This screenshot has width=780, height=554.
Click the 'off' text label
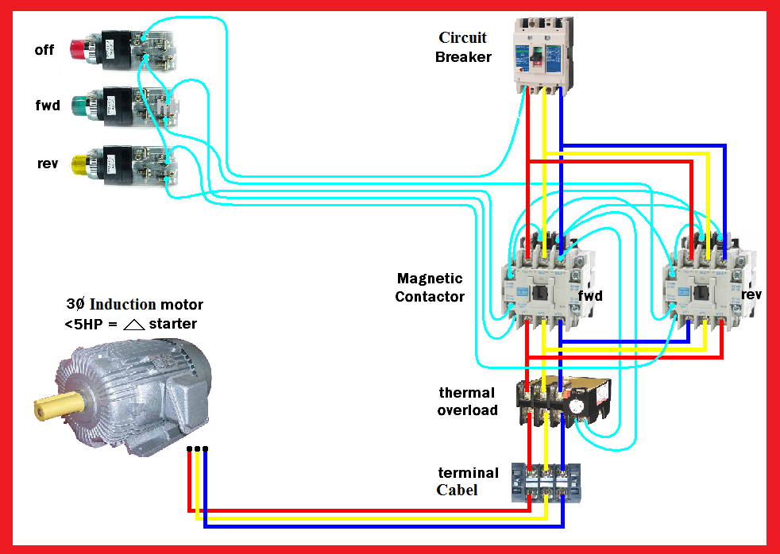click(44, 49)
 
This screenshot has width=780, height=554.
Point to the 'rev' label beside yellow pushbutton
click(48, 164)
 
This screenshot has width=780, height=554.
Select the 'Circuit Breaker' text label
click(463, 47)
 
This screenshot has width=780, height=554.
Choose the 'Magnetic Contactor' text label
click(431, 287)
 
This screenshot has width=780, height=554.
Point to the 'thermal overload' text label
click(467, 401)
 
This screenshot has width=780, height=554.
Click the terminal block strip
click(546, 483)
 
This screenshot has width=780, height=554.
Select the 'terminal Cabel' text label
click(468, 481)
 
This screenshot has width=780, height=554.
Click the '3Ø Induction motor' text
click(134, 305)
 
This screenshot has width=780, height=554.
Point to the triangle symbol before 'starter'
click(134, 324)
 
